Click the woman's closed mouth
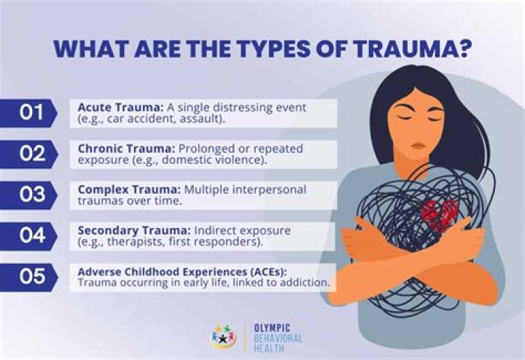click(419, 146)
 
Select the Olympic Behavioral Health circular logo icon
click(224, 335)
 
